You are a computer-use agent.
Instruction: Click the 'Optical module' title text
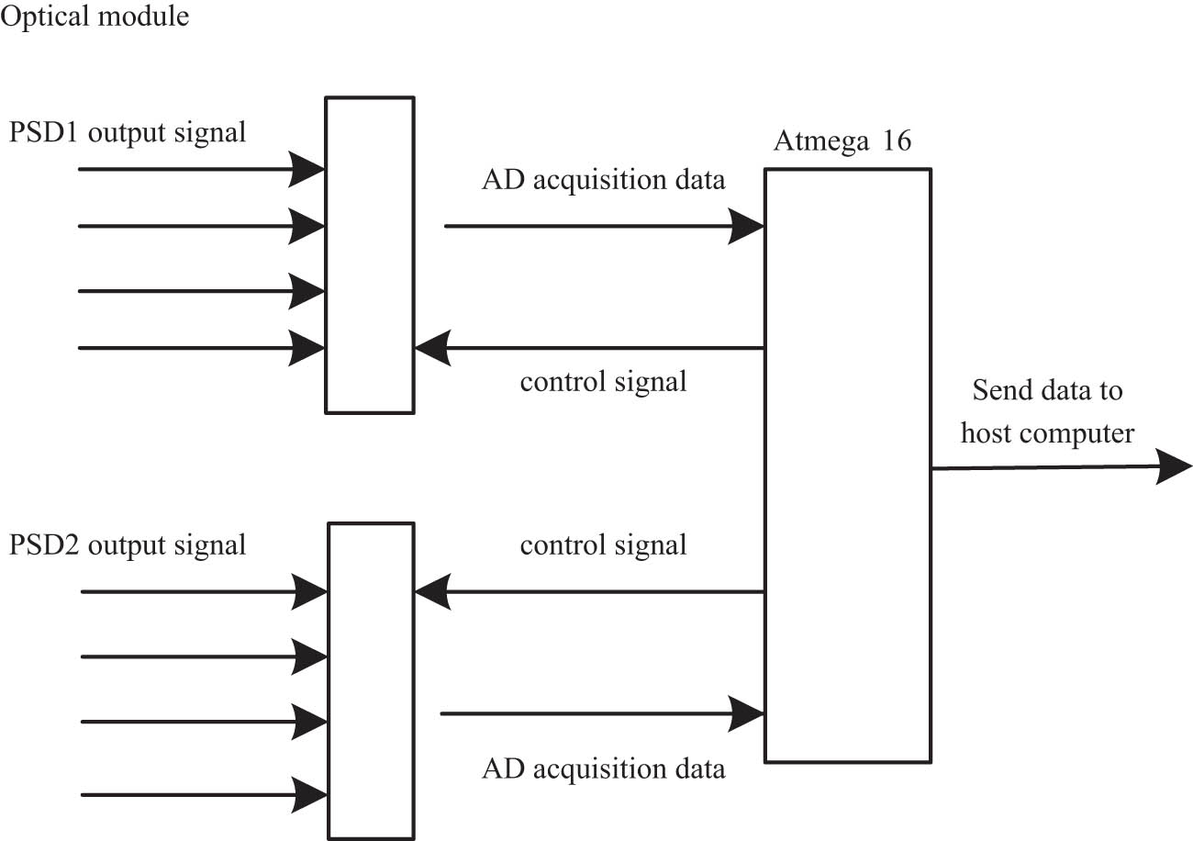96,17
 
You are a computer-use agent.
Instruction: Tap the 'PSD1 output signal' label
128,132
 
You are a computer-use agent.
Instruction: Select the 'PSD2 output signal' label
128,544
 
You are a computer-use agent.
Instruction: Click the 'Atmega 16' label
842,142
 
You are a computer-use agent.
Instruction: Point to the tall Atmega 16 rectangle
848,465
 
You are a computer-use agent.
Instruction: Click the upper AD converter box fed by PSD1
369,254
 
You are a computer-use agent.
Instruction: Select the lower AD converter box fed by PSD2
371,680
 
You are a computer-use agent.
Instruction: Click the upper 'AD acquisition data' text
603,179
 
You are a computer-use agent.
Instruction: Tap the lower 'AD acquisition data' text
603,768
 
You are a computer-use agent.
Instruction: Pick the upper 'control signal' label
603,381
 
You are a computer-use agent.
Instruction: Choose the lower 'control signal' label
603,545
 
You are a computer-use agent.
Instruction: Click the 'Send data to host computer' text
1047,411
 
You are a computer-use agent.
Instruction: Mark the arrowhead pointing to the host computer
1174,467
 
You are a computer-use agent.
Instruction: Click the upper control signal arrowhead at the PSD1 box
431,348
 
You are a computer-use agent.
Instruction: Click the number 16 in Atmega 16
893,142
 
